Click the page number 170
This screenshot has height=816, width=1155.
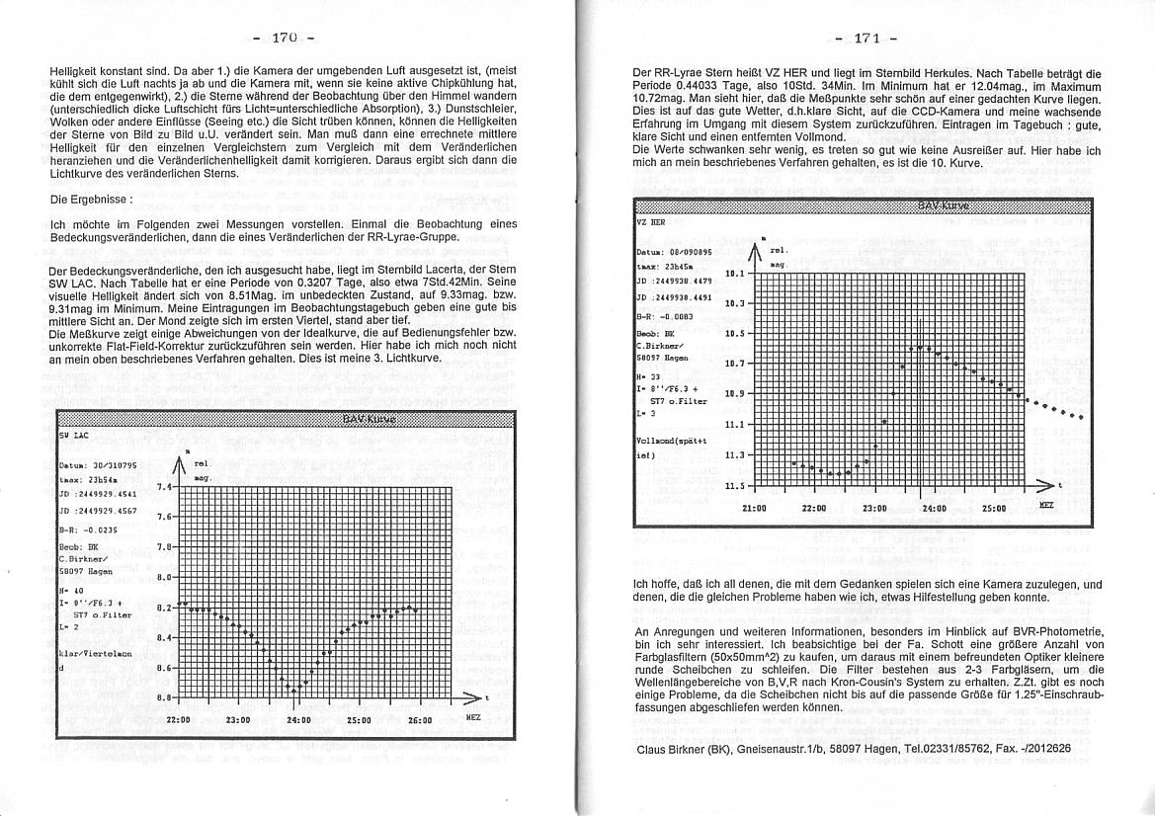click(x=285, y=39)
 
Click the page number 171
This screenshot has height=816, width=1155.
click(x=866, y=39)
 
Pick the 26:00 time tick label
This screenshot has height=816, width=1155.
click(x=421, y=721)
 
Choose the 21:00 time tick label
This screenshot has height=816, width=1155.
click(x=754, y=509)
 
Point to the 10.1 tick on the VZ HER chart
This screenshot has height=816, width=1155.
click(x=735, y=275)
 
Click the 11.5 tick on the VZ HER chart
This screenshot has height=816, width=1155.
click(x=735, y=486)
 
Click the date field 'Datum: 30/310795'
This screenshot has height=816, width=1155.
click(x=97, y=465)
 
